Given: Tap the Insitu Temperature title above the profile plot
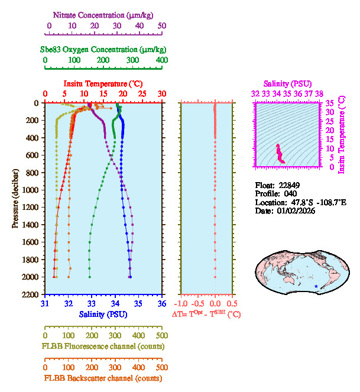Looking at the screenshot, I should (103, 84).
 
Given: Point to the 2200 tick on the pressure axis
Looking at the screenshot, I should (30, 294).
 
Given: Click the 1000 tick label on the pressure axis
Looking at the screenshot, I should (30, 190).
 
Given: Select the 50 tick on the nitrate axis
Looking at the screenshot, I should (162, 26).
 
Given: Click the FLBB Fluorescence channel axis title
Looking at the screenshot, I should (103, 345).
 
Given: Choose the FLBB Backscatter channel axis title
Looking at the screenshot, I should (103, 378).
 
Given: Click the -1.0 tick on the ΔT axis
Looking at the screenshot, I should (184, 304).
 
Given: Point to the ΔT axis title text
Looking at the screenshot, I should (206, 315).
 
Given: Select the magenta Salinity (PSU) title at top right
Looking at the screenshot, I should (287, 84).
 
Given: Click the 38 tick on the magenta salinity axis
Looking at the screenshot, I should (319, 93).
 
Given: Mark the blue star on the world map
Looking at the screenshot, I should (316, 287).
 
